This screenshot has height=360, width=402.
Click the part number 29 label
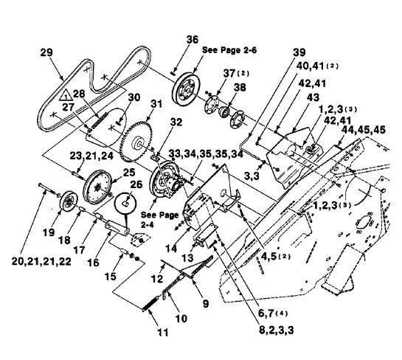pyautogui.click(x=46, y=52)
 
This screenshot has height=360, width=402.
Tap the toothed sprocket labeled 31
pyautogui.click(x=136, y=142)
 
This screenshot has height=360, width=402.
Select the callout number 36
pyautogui.click(x=193, y=40)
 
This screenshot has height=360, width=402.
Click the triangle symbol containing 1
pyautogui.click(x=66, y=95)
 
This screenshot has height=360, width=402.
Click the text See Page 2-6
pyautogui.click(x=229, y=50)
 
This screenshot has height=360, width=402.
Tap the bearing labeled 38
pyautogui.click(x=223, y=112)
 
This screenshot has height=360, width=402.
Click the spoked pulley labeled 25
pyautogui.click(x=97, y=186)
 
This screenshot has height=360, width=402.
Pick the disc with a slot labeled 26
pyautogui.click(x=125, y=204)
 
